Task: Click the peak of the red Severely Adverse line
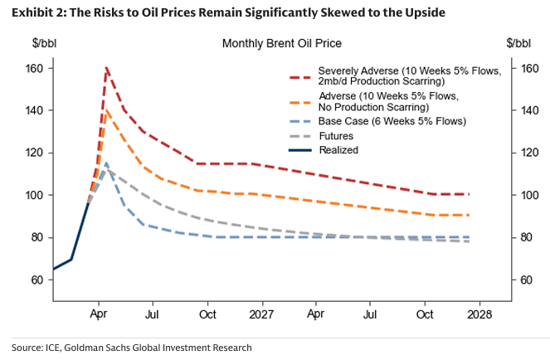(106, 68)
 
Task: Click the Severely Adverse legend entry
(395, 75)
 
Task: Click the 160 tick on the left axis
(34, 68)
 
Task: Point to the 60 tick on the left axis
(37, 280)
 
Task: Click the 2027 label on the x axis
(262, 315)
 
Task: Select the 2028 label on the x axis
(479, 315)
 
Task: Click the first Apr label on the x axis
(99, 315)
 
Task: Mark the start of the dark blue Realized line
(54, 270)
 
